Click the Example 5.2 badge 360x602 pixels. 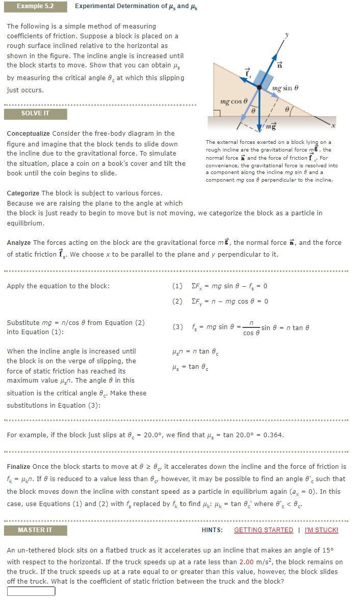[35, 6]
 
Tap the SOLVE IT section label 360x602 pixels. [35, 113]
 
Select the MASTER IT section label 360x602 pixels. [35, 530]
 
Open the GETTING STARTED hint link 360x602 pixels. [263, 530]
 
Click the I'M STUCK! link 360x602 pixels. [321, 530]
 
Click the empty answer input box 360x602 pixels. [31, 591]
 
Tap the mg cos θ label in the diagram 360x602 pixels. [233, 102]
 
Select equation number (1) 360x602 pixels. [177, 286]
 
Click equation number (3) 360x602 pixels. [177, 327]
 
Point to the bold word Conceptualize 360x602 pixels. [29, 134]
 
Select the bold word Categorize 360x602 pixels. [23, 193]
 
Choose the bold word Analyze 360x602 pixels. [19, 242]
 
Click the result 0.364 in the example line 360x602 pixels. [273, 435]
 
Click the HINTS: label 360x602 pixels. [212, 530]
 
